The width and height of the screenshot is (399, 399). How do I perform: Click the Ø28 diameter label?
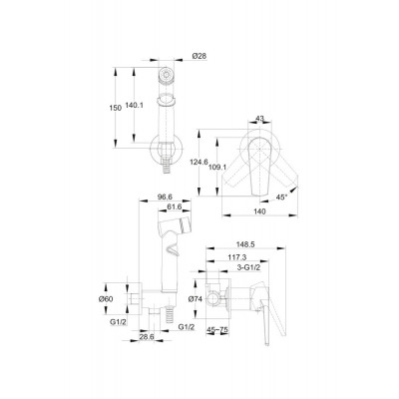click(199, 56)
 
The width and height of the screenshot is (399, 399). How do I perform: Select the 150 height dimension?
click(115, 108)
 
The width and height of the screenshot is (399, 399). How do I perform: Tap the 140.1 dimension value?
click(134, 105)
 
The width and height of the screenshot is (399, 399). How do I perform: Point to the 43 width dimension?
click(260, 118)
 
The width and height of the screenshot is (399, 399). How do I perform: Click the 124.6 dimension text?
click(199, 162)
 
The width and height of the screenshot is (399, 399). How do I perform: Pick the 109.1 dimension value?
click(217, 168)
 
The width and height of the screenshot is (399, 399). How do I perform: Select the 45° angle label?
click(281, 198)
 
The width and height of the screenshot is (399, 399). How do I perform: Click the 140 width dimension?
click(259, 211)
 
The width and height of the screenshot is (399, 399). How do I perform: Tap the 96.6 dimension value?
click(165, 197)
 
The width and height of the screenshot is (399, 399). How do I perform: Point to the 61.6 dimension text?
click(174, 206)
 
